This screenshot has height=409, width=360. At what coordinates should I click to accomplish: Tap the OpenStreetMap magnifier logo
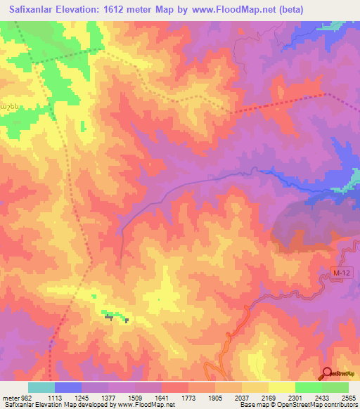(328, 374)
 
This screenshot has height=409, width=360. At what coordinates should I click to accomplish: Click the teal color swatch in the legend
(41, 387)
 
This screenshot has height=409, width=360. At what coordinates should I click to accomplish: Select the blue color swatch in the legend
(68, 387)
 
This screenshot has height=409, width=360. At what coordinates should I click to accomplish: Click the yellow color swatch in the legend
(282, 387)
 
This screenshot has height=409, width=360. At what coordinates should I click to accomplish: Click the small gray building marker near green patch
(109, 317)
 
